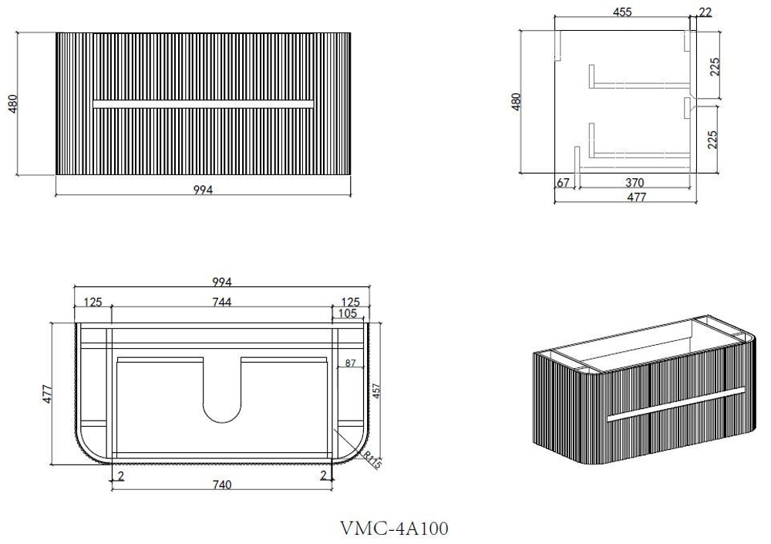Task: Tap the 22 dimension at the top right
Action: click(x=705, y=12)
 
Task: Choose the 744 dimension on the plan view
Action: click(x=222, y=301)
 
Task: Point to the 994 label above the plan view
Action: click(x=222, y=282)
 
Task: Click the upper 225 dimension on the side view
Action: click(x=715, y=66)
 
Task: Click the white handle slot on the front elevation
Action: click(x=203, y=103)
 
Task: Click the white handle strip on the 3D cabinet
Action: click(x=675, y=404)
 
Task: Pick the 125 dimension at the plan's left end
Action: click(x=93, y=301)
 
